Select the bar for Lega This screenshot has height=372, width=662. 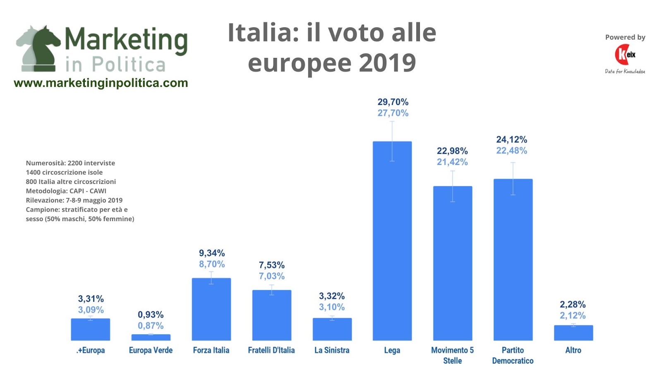392,248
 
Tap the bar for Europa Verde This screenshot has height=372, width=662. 151,337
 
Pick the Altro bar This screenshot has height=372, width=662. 573,333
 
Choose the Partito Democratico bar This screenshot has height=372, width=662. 513,265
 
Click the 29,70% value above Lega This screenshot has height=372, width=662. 393,102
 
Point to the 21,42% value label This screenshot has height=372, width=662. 452,162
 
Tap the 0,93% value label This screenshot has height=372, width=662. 151,315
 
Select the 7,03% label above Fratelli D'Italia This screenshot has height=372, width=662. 271,276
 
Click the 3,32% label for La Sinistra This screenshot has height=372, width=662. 331,296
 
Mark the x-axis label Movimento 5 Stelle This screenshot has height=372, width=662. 452,355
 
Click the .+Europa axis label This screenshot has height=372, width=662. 91,351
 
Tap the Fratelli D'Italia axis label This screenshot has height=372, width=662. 271,351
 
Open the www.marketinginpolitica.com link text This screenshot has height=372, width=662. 101,83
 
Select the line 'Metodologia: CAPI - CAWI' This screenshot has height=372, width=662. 66,191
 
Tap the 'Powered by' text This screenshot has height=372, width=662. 625,37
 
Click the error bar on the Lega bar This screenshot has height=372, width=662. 392,141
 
